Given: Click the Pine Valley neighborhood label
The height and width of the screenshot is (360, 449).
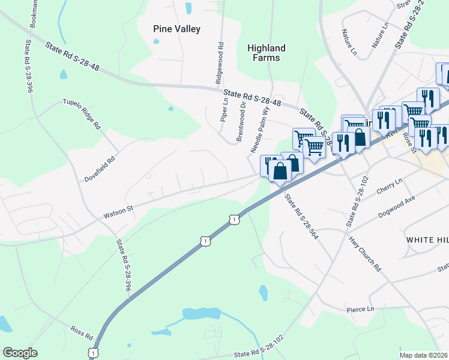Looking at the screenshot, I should pyautogui.click(x=176, y=29).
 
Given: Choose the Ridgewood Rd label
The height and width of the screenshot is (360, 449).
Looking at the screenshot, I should pyautogui.click(x=220, y=62).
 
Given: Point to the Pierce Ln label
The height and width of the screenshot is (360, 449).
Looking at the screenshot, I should pyautogui.click(x=360, y=309).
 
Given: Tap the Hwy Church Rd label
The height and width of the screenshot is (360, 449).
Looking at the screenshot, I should pyautogui.click(x=366, y=252).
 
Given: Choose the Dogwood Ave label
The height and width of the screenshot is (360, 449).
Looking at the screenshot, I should pyautogui.click(x=397, y=207).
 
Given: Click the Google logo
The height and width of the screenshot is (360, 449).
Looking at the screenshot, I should pyautogui.click(x=20, y=353).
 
